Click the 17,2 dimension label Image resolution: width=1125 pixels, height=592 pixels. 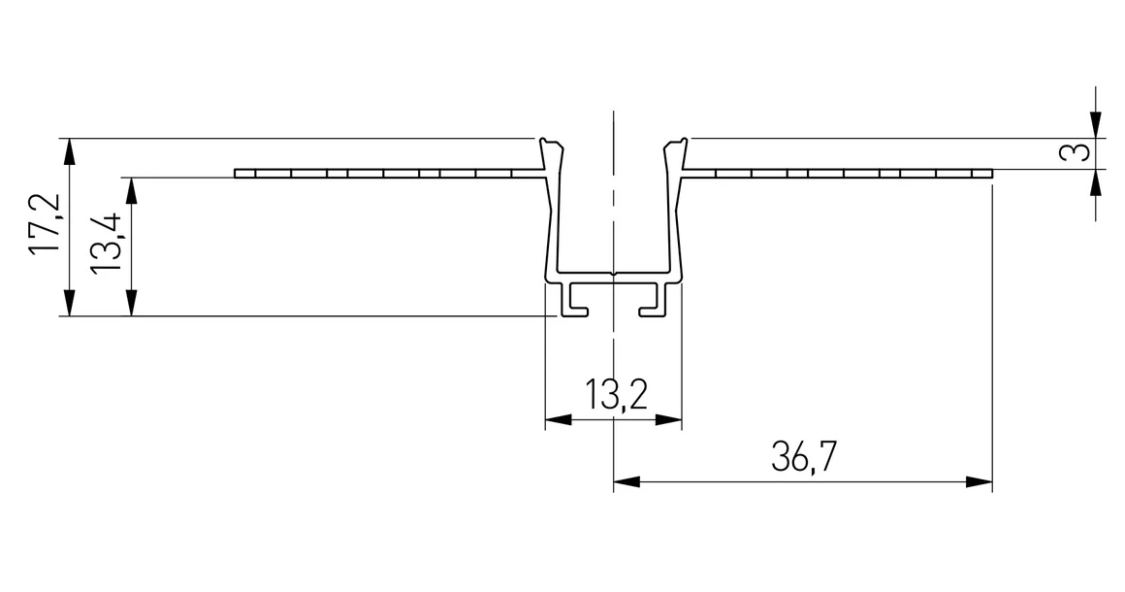click(x=46, y=225)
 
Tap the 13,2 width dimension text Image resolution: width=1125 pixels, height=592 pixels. click(x=615, y=396)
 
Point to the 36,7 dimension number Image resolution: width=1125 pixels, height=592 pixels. click(x=804, y=456)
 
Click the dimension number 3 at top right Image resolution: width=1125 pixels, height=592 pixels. click(x=1070, y=153)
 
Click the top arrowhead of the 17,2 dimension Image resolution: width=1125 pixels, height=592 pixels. click(x=68, y=148)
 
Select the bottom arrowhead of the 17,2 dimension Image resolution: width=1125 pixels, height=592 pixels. click(x=68, y=306)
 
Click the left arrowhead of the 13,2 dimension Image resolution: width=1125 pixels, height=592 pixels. click(x=557, y=421)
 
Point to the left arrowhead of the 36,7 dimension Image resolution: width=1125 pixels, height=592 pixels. click(x=626, y=481)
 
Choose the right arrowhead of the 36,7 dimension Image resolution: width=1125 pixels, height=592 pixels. click(x=980, y=481)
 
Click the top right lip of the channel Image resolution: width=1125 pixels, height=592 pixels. click(x=676, y=145)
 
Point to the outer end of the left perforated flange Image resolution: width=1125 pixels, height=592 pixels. click(x=238, y=175)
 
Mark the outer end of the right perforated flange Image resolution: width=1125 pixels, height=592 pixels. click(x=989, y=175)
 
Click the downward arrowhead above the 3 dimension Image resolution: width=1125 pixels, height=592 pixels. click(x=1096, y=126)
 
